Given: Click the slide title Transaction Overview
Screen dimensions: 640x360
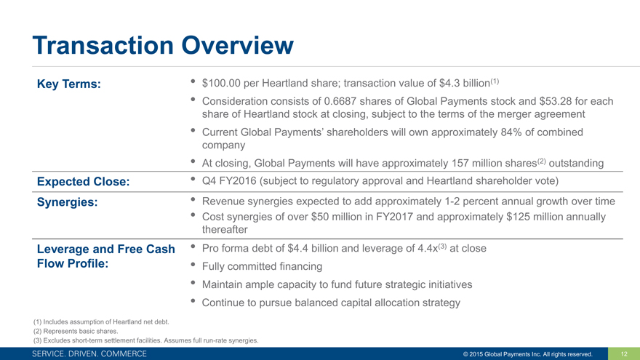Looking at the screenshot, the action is click(x=163, y=45).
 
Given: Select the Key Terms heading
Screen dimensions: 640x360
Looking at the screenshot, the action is click(x=68, y=84).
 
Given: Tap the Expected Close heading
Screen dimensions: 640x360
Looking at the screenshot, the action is click(x=83, y=182).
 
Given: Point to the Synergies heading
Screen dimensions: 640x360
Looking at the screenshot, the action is click(x=68, y=202).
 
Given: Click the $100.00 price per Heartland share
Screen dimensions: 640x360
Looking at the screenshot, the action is click(x=221, y=83).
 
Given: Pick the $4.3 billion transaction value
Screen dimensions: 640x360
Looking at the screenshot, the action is click(x=465, y=83).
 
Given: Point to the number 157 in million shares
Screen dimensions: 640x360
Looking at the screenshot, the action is click(x=460, y=163).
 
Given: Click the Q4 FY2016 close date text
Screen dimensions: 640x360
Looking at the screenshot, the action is click(x=229, y=181).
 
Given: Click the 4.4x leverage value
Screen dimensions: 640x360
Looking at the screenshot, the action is click(x=428, y=248).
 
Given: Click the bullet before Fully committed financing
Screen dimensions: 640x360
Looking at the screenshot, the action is click(x=193, y=265).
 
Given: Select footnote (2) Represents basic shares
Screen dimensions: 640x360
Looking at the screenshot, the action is click(x=76, y=331).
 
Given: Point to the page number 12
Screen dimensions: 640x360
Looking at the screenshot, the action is click(x=624, y=354).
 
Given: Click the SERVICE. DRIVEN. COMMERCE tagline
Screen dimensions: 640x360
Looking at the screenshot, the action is click(x=89, y=354).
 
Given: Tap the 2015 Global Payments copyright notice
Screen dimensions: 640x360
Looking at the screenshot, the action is click(x=528, y=354).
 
